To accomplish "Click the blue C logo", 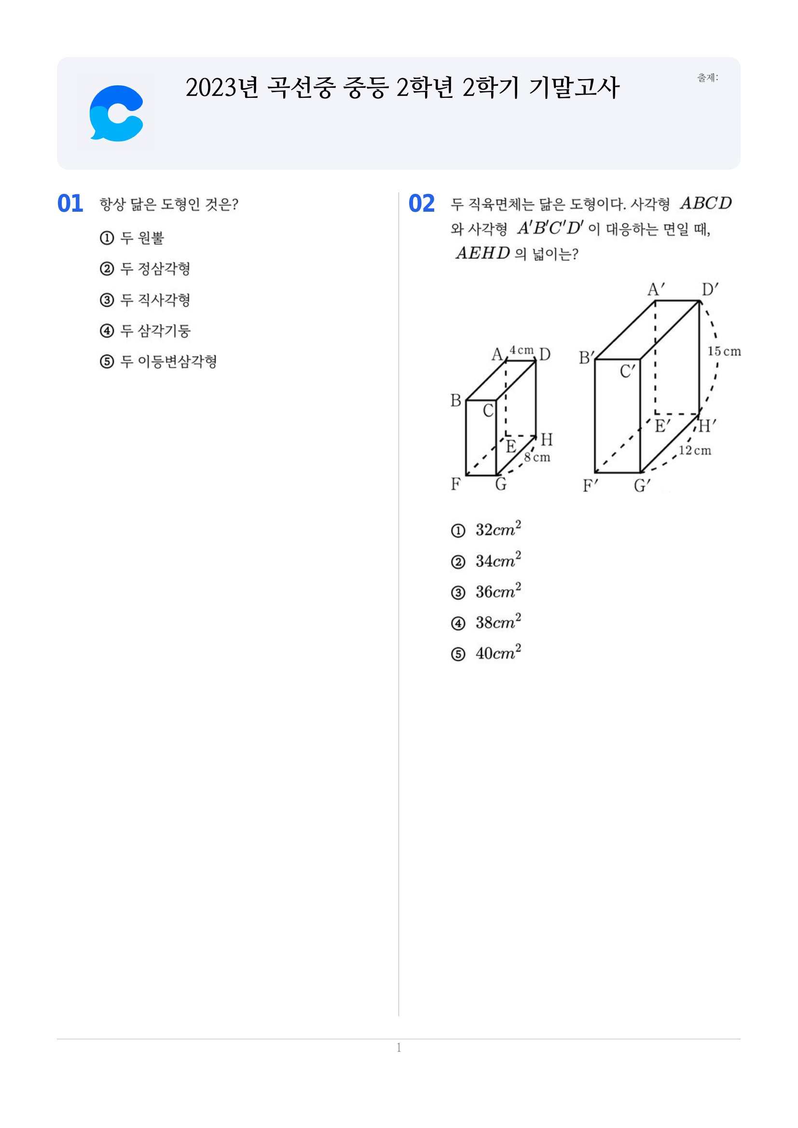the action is tap(116, 113).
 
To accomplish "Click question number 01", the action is tap(70, 204).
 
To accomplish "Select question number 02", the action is tap(422, 204).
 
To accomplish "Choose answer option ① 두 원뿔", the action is tap(132, 238).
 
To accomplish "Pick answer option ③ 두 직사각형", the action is tap(145, 299).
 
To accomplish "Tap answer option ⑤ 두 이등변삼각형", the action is tap(158, 362).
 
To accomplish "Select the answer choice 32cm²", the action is tap(486, 529).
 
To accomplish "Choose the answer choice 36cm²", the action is tap(486, 591).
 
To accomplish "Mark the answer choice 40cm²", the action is tap(486, 652).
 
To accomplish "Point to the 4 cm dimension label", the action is tap(522, 350).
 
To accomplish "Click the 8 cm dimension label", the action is tap(537, 457).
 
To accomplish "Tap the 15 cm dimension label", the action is tap(724, 351).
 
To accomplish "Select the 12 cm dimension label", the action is tap(695, 450).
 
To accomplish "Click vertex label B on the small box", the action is tap(456, 401).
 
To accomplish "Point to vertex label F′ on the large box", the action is tap(590, 486).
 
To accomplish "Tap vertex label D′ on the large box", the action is tap(710, 290).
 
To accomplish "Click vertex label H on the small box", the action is tap(547, 439).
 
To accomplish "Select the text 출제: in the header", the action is tap(708, 78).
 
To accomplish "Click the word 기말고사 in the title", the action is tap(574, 88).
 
